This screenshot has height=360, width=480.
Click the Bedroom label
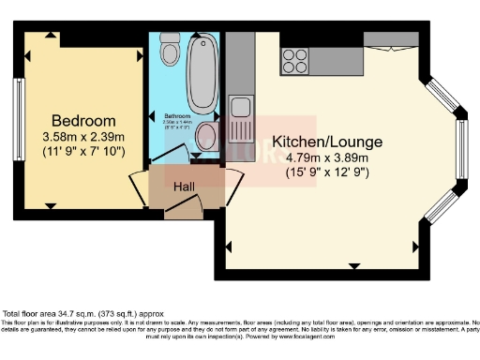pos(83,120)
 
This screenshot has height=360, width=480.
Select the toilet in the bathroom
pos(169,49)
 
